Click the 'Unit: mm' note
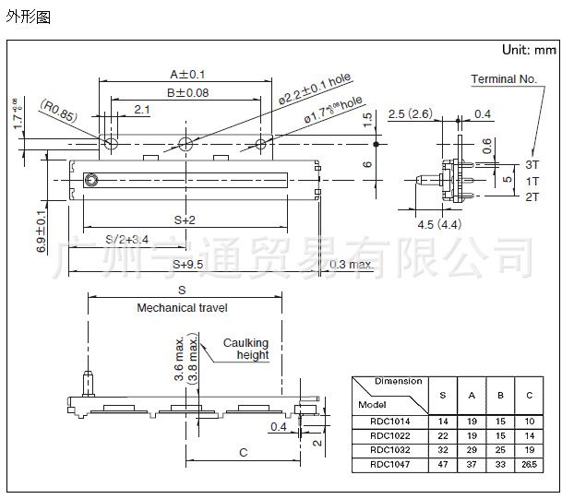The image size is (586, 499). coord(530,50)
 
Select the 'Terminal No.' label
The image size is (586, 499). coord(504,79)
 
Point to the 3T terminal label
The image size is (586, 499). coord(532,164)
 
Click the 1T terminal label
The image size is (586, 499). coord(532,181)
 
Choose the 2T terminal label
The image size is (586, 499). coord(532,196)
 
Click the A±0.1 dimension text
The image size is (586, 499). coord(187,74)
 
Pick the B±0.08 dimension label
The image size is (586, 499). coord(187,92)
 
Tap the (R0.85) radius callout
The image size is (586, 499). coord(58,115)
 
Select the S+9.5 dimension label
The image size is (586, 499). coord(187,265)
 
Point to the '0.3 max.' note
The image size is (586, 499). coord(351,265)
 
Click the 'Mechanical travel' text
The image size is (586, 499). coord(182,307)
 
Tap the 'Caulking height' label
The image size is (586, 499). coord(246,349)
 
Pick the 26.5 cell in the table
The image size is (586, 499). coord(529,465)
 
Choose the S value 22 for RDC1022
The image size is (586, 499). coord(443,436)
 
